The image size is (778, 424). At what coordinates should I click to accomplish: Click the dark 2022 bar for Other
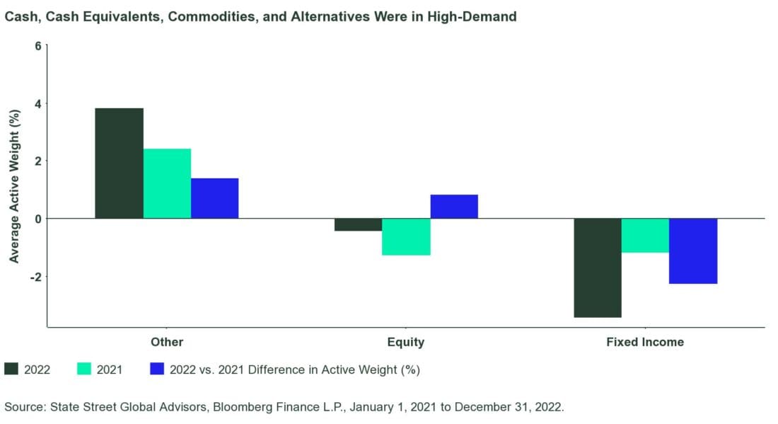point(119,163)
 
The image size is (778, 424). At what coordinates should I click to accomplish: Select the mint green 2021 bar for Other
point(167,183)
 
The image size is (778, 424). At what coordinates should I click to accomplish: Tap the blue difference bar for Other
point(214,198)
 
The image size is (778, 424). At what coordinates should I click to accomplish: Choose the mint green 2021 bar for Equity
point(406,236)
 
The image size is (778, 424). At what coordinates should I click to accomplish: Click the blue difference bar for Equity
point(454,207)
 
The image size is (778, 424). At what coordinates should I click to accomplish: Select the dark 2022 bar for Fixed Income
point(598,268)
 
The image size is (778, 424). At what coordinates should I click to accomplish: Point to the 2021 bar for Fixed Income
point(645,235)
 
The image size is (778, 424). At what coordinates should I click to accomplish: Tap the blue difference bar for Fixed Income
point(693,251)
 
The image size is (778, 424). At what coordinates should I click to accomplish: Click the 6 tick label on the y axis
point(38,45)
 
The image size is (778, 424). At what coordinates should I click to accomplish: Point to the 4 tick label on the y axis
point(38,103)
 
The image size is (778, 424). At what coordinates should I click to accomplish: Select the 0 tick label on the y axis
point(38,218)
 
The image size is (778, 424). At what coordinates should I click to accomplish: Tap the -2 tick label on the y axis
point(36,276)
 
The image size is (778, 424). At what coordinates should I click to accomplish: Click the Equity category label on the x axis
point(406,342)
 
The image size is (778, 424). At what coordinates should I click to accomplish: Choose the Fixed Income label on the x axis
point(645,342)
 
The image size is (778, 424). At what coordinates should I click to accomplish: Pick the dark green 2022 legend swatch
point(11,369)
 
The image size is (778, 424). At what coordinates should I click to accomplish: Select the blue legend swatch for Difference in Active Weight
point(157,369)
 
